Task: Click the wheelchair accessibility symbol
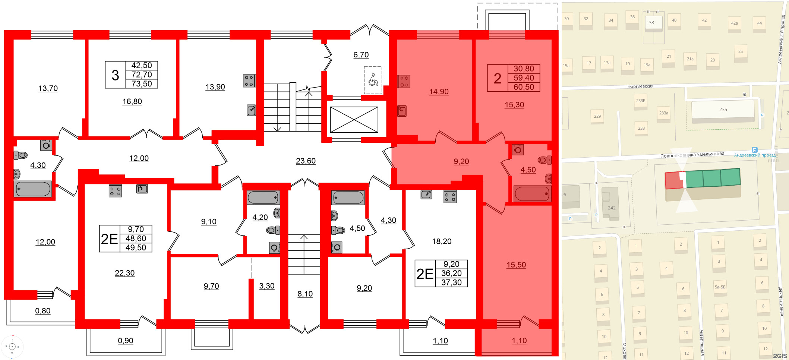click(373, 80)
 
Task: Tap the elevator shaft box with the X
click(354, 120)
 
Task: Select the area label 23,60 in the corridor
click(306, 161)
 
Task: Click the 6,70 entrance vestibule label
click(361, 55)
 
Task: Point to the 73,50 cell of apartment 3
click(142, 84)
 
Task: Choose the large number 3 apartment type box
click(115, 75)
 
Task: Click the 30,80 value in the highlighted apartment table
click(524, 69)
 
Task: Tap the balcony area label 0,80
click(43, 311)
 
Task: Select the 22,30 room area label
click(124, 273)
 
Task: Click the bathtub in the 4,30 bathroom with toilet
click(33, 189)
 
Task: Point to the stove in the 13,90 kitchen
click(249, 81)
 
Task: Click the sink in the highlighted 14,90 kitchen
click(402, 111)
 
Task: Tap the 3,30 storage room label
click(267, 286)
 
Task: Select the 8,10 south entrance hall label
click(305, 294)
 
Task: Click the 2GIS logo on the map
click(780, 356)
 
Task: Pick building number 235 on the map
click(723, 110)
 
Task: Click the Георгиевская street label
click(640, 86)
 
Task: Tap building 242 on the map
click(611, 208)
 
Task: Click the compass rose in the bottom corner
click(12, 347)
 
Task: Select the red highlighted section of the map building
click(674, 181)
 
